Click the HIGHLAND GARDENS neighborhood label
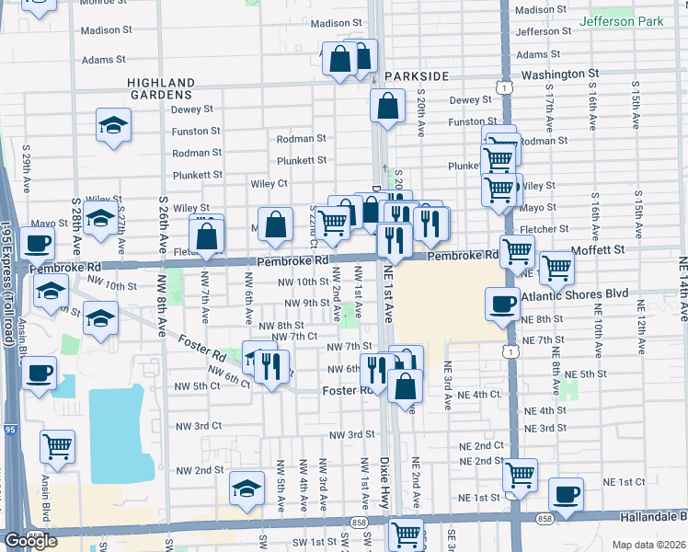pos(160,88)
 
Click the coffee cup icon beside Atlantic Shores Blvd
pos(503,305)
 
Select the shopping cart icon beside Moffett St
pos(556,267)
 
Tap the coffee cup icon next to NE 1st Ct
pos(566,493)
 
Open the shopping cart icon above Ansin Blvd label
pos(57,446)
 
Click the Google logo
pos(30,541)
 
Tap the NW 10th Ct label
pos(299,282)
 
